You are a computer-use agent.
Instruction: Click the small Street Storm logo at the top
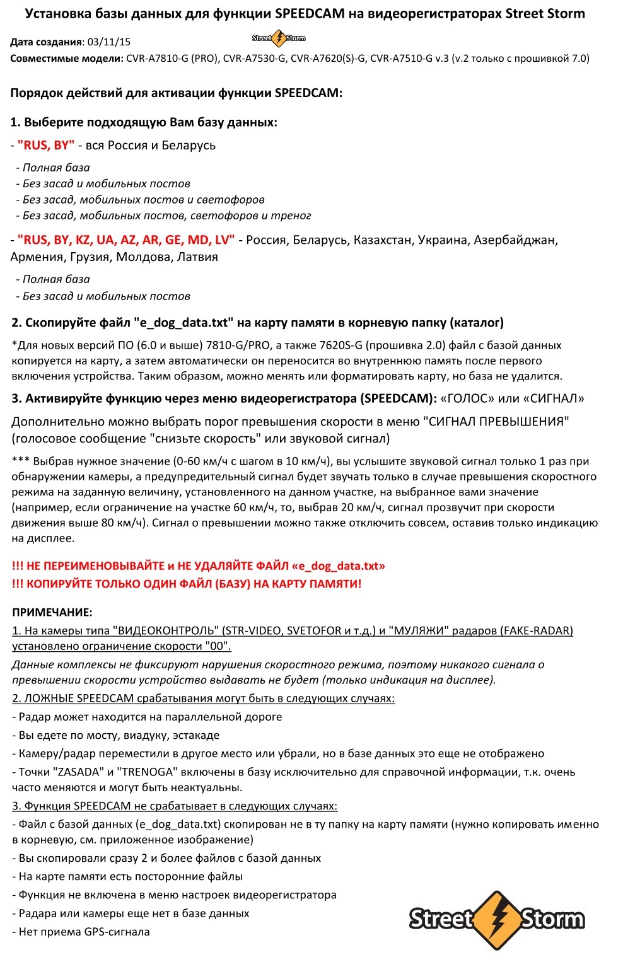(278, 38)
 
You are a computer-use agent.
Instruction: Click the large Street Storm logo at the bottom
(497, 920)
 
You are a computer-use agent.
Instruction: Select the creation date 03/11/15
(109, 42)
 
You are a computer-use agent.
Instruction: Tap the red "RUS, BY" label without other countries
(46, 145)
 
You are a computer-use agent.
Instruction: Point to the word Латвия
(197, 257)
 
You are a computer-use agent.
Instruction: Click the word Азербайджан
(516, 240)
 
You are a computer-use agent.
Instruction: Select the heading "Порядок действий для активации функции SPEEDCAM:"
(177, 93)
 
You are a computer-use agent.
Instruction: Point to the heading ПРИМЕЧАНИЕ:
(52, 612)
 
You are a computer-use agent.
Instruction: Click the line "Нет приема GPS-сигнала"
(84, 932)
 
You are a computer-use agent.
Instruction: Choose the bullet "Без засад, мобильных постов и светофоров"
(143, 200)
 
